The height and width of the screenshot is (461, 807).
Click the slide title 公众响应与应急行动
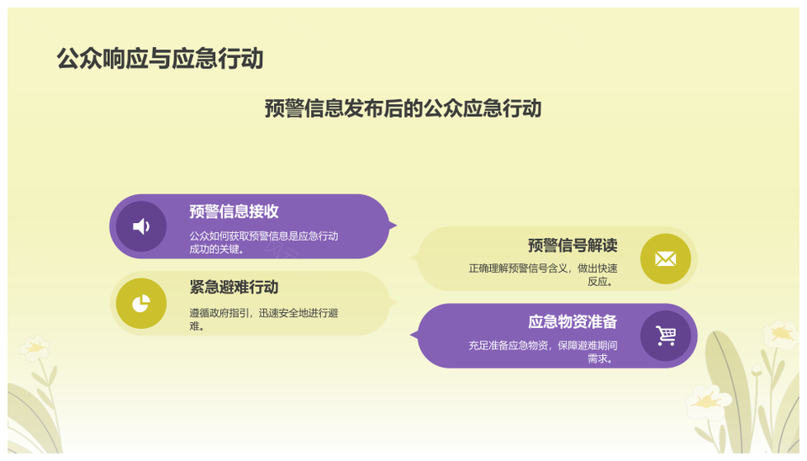point(160,58)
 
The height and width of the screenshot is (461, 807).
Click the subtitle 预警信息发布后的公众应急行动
point(403,109)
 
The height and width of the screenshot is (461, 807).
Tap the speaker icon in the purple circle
point(141,226)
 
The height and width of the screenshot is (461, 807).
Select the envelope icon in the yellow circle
point(666,258)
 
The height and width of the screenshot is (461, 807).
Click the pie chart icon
point(141,304)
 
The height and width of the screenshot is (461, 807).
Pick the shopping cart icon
point(666,336)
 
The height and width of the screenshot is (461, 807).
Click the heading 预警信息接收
point(234,211)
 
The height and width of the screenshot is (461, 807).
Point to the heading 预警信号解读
point(572,245)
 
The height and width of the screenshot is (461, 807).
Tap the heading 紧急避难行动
point(234,287)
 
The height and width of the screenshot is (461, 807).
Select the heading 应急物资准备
point(572,322)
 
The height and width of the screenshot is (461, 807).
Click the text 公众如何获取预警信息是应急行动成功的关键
point(263,242)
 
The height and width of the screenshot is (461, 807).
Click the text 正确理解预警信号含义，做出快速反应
point(543,274)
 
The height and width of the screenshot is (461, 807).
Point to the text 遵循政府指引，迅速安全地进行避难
point(263,320)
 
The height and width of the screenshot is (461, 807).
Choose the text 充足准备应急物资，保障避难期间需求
point(543,352)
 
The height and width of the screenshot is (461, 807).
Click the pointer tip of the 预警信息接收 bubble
point(396,225)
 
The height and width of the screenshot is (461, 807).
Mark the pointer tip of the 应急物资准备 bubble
point(411,336)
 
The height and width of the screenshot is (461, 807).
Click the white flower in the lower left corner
point(34,348)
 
